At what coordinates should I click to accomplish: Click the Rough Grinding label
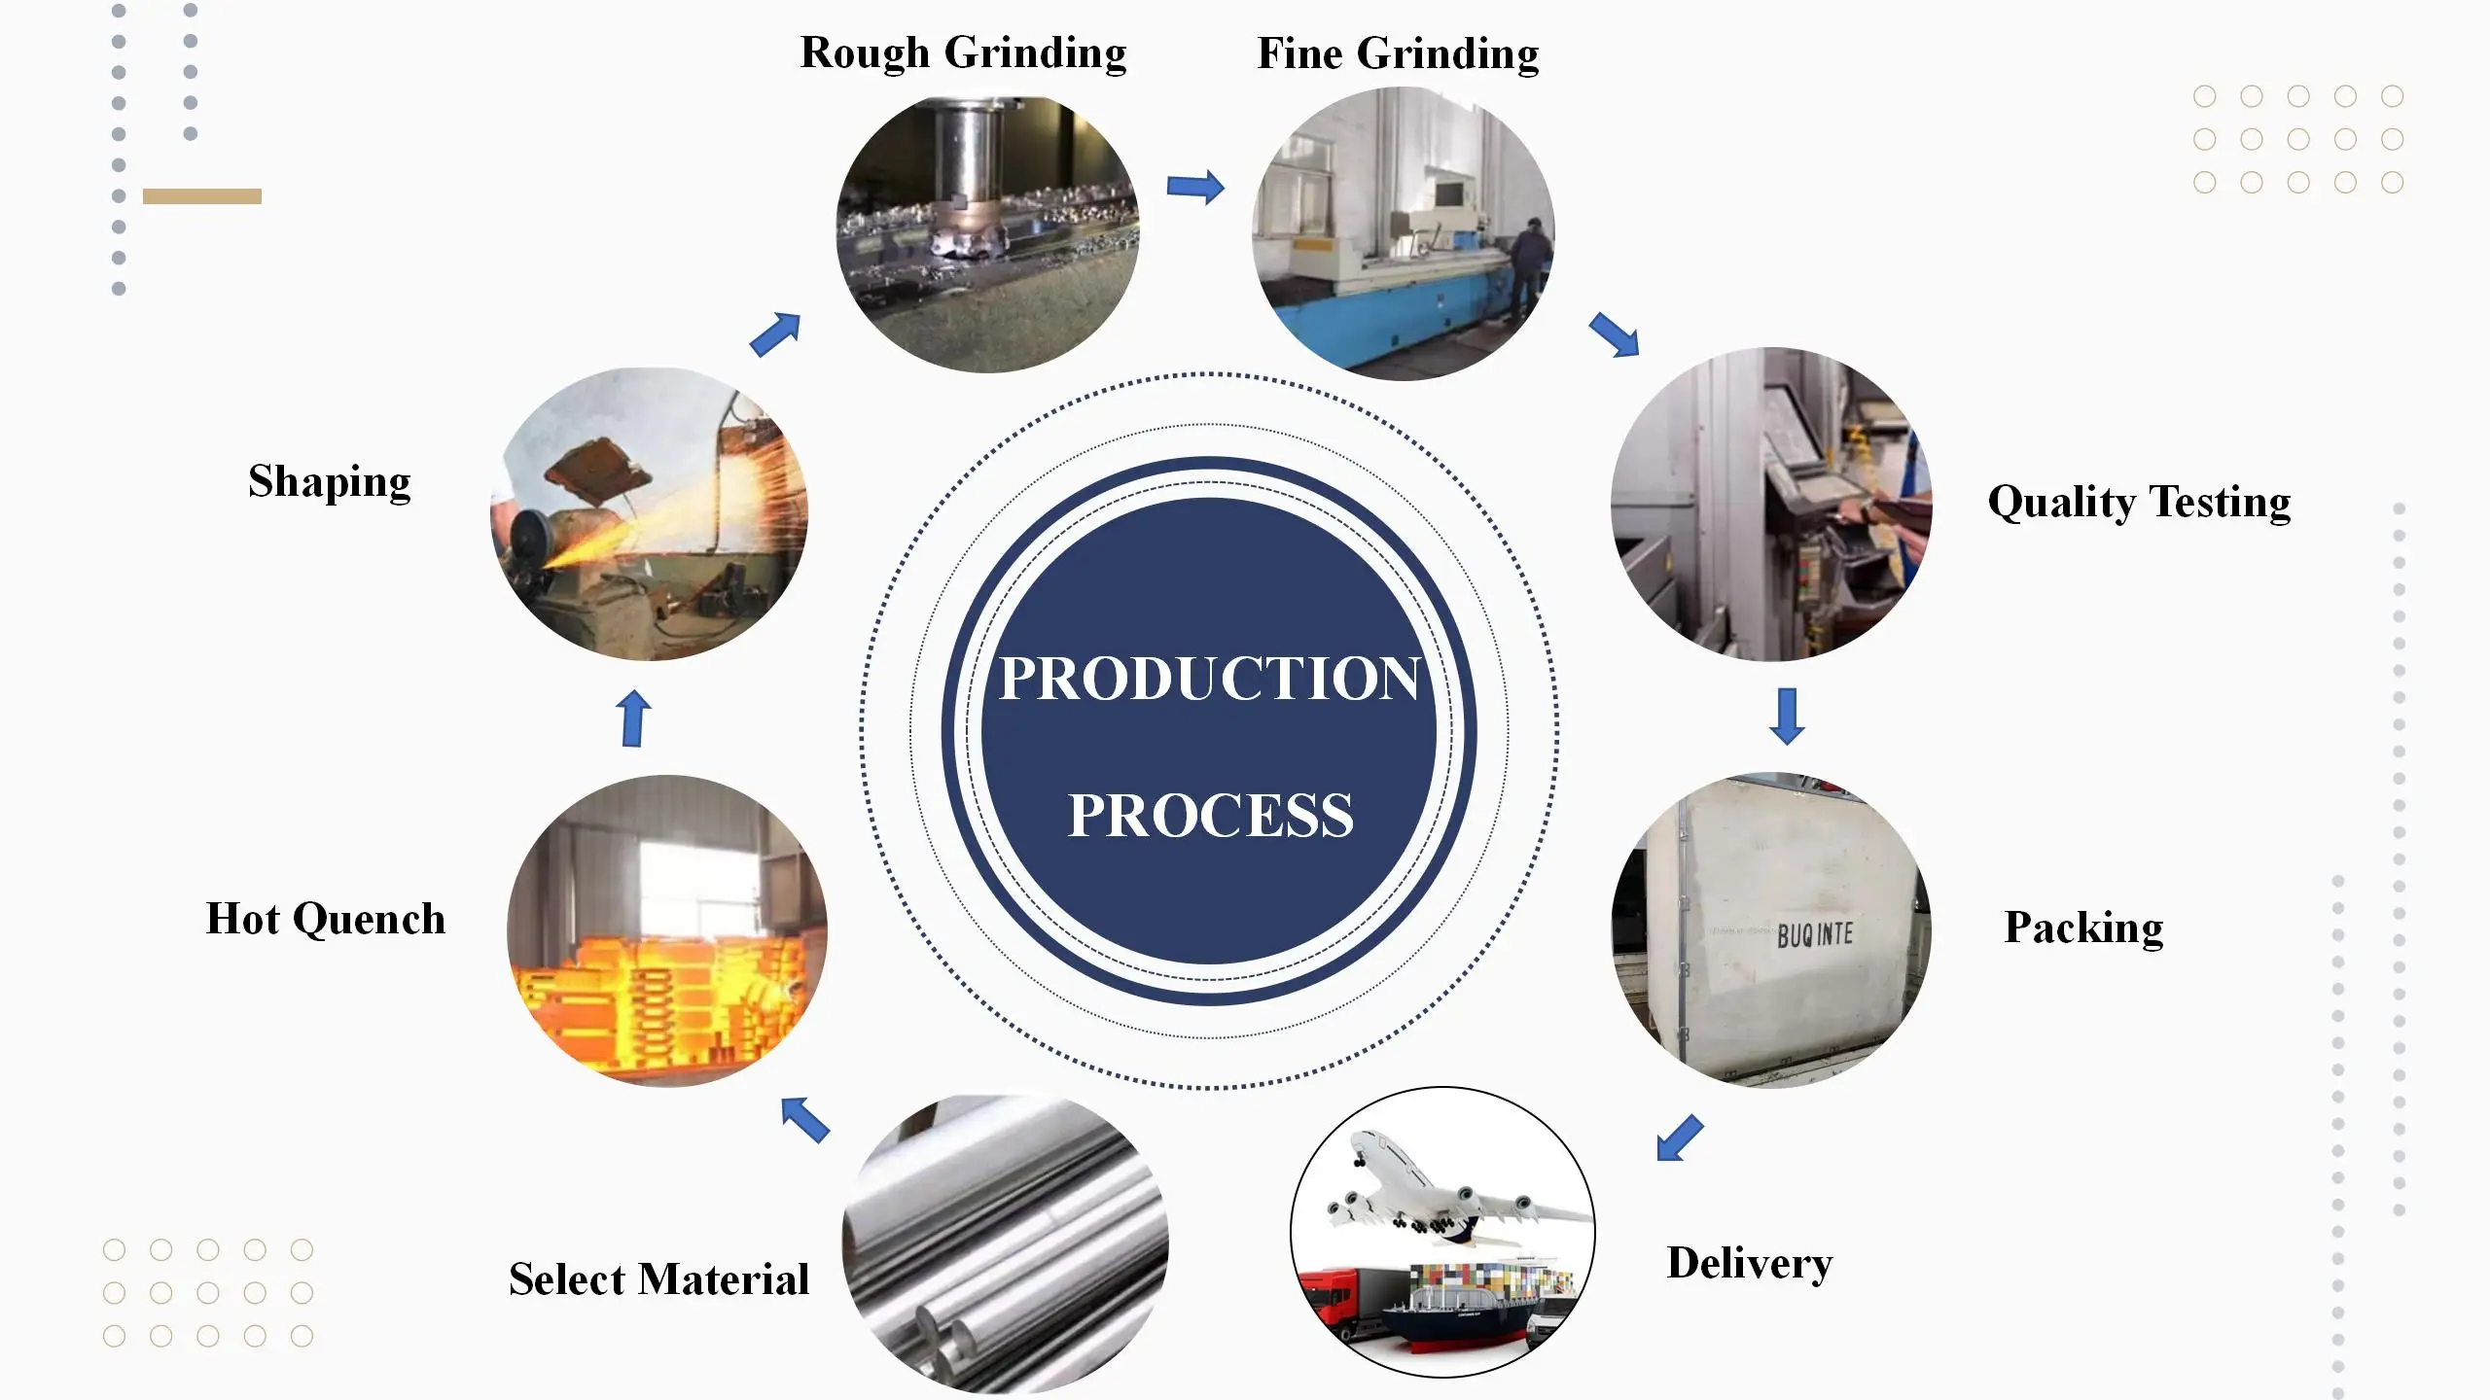(x=963, y=53)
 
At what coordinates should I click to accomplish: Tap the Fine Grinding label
(x=1398, y=54)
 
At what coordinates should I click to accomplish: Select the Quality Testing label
(x=2139, y=503)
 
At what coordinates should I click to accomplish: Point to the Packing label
(x=2083, y=927)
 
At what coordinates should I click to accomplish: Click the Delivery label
(x=1749, y=1264)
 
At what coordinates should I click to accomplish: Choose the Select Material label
(x=658, y=1279)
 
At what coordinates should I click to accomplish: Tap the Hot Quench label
(x=326, y=920)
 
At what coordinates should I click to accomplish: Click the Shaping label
(x=330, y=482)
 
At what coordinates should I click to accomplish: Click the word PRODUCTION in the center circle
(x=1209, y=679)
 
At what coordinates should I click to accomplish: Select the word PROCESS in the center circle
(x=1210, y=815)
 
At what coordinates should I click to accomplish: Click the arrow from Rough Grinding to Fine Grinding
(x=1195, y=187)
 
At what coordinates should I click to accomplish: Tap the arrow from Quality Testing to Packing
(x=1787, y=717)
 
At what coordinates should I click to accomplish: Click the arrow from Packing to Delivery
(x=1680, y=1137)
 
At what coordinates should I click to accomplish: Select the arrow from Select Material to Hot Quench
(x=805, y=1120)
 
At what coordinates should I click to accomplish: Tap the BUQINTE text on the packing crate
(x=1814, y=935)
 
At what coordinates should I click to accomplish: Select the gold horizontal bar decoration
(x=202, y=196)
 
